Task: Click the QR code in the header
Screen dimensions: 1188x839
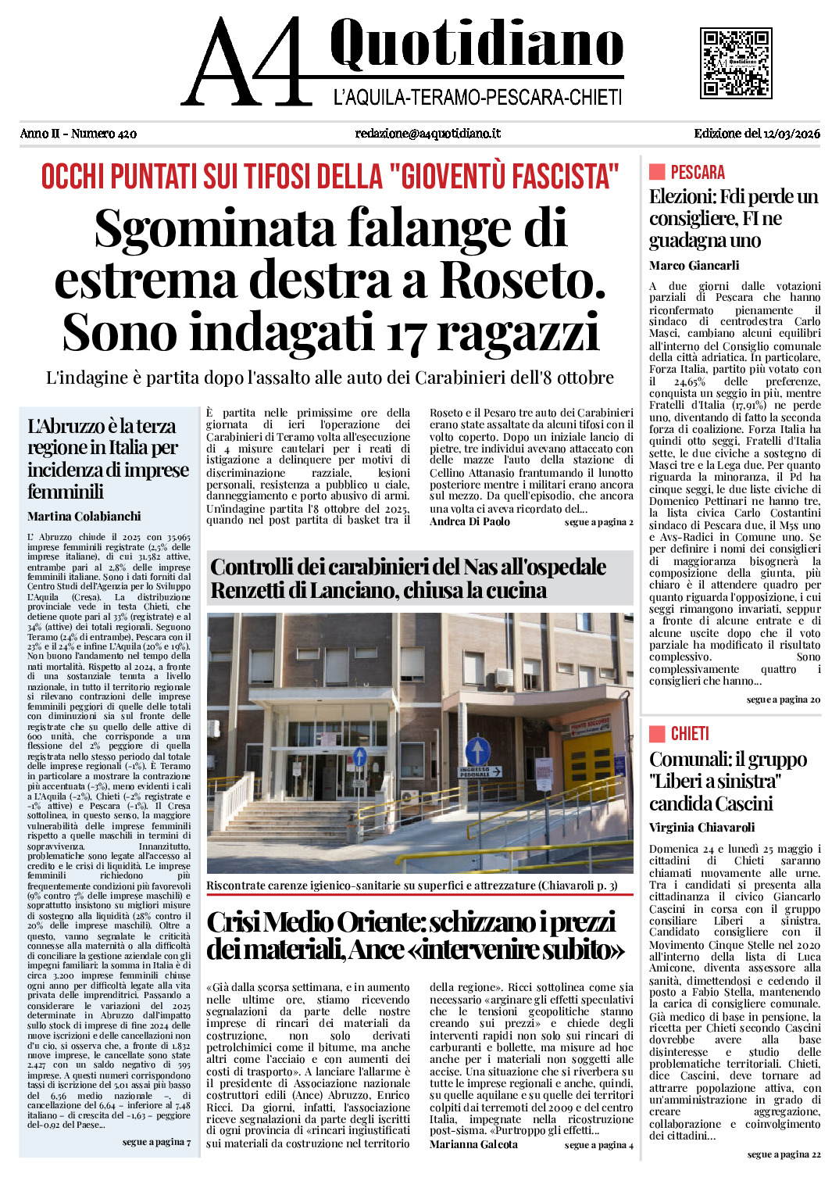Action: point(736,63)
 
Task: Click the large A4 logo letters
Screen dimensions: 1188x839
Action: point(246,63)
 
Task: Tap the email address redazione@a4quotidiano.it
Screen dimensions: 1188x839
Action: point(427,134)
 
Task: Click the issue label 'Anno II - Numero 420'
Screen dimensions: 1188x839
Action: point(78,134)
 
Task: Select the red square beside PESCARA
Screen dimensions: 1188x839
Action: point(656,172)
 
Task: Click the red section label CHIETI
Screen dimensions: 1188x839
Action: point(689,734)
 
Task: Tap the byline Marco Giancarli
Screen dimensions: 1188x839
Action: point(694,266)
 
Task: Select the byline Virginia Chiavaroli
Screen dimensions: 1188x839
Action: point(702,828)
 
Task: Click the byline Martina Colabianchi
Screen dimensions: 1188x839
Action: point(84,517)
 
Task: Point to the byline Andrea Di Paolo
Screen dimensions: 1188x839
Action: point(469,522)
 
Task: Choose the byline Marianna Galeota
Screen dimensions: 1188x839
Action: point(473,1145)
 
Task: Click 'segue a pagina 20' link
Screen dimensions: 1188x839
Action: point(783,700)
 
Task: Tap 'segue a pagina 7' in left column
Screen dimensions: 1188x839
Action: point(156,1142)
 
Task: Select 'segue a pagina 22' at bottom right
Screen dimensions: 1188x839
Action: point(784,1154)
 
